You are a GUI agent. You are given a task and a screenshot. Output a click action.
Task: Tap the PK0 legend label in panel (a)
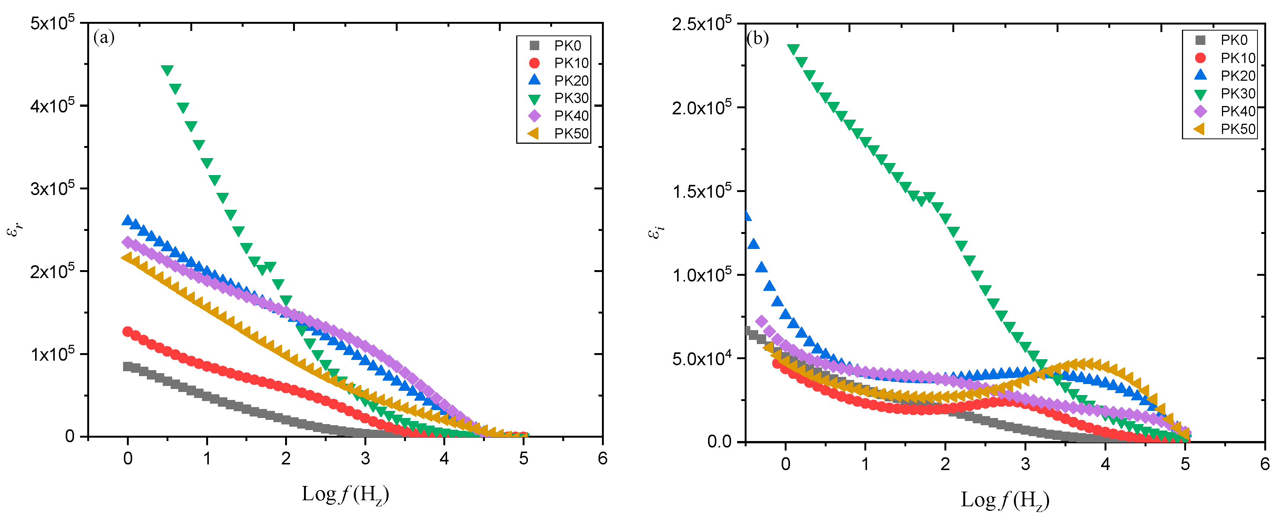click(x=567, y=46)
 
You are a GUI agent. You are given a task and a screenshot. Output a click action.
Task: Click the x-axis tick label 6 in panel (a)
click(x=602, y=458)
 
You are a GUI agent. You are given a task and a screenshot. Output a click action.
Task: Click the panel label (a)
click(x=104, y=38)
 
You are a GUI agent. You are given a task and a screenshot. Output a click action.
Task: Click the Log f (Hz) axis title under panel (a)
click(x=345, y=494)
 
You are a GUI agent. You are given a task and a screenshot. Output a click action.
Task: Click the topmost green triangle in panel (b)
click(x=793, y=49)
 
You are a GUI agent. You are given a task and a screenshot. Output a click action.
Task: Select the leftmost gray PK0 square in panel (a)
click(x=128, y=366)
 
